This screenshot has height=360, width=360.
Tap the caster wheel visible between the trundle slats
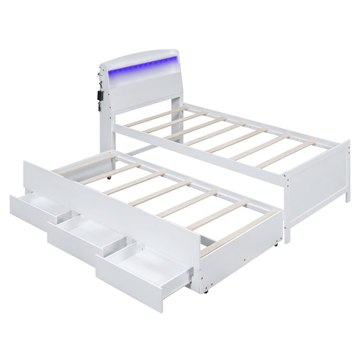pyautogui.click(x=110, y=178)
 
